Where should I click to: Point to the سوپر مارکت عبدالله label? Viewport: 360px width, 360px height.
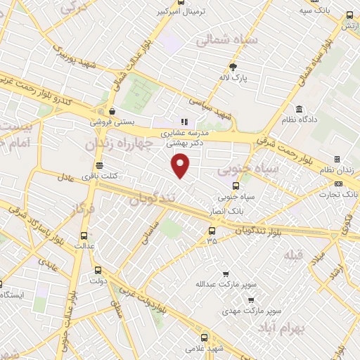(x=224, y=284)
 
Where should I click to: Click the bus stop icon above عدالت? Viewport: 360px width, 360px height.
(x=85, y=236)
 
